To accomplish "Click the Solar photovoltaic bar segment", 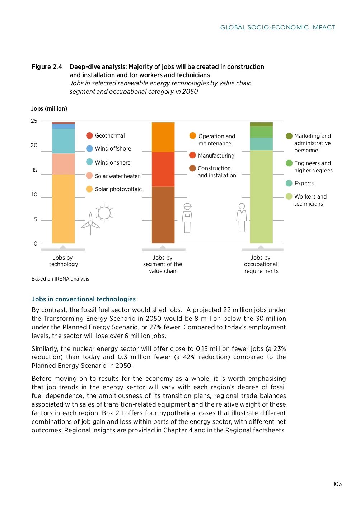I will click(63, 208).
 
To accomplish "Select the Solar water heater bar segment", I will click(63, 164).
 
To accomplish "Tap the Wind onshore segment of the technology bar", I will click(63, 141).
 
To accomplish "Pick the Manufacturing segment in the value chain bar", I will click(163, 169).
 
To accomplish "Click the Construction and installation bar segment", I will click(163, 214).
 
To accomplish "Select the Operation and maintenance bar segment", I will click(163, 137).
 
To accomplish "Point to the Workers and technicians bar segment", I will click(261, 196).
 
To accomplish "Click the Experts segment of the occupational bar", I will click(261, 144).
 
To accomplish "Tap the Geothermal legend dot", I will click(89, 135).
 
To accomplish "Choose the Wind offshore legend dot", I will click(89, 148).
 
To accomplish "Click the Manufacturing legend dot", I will click(192, 155).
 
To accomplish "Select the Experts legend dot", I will click(289, 183).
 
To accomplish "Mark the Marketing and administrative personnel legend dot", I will click(289, 136).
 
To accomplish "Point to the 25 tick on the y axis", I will click(34, 121).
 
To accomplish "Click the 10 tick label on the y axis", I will click(34, 194).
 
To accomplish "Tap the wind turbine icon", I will click(90, 223).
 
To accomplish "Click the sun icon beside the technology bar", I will click(104, 213).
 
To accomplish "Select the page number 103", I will click(337, 484).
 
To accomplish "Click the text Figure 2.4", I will click(47, 67).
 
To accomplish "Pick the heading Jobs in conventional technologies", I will click(84, 299).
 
